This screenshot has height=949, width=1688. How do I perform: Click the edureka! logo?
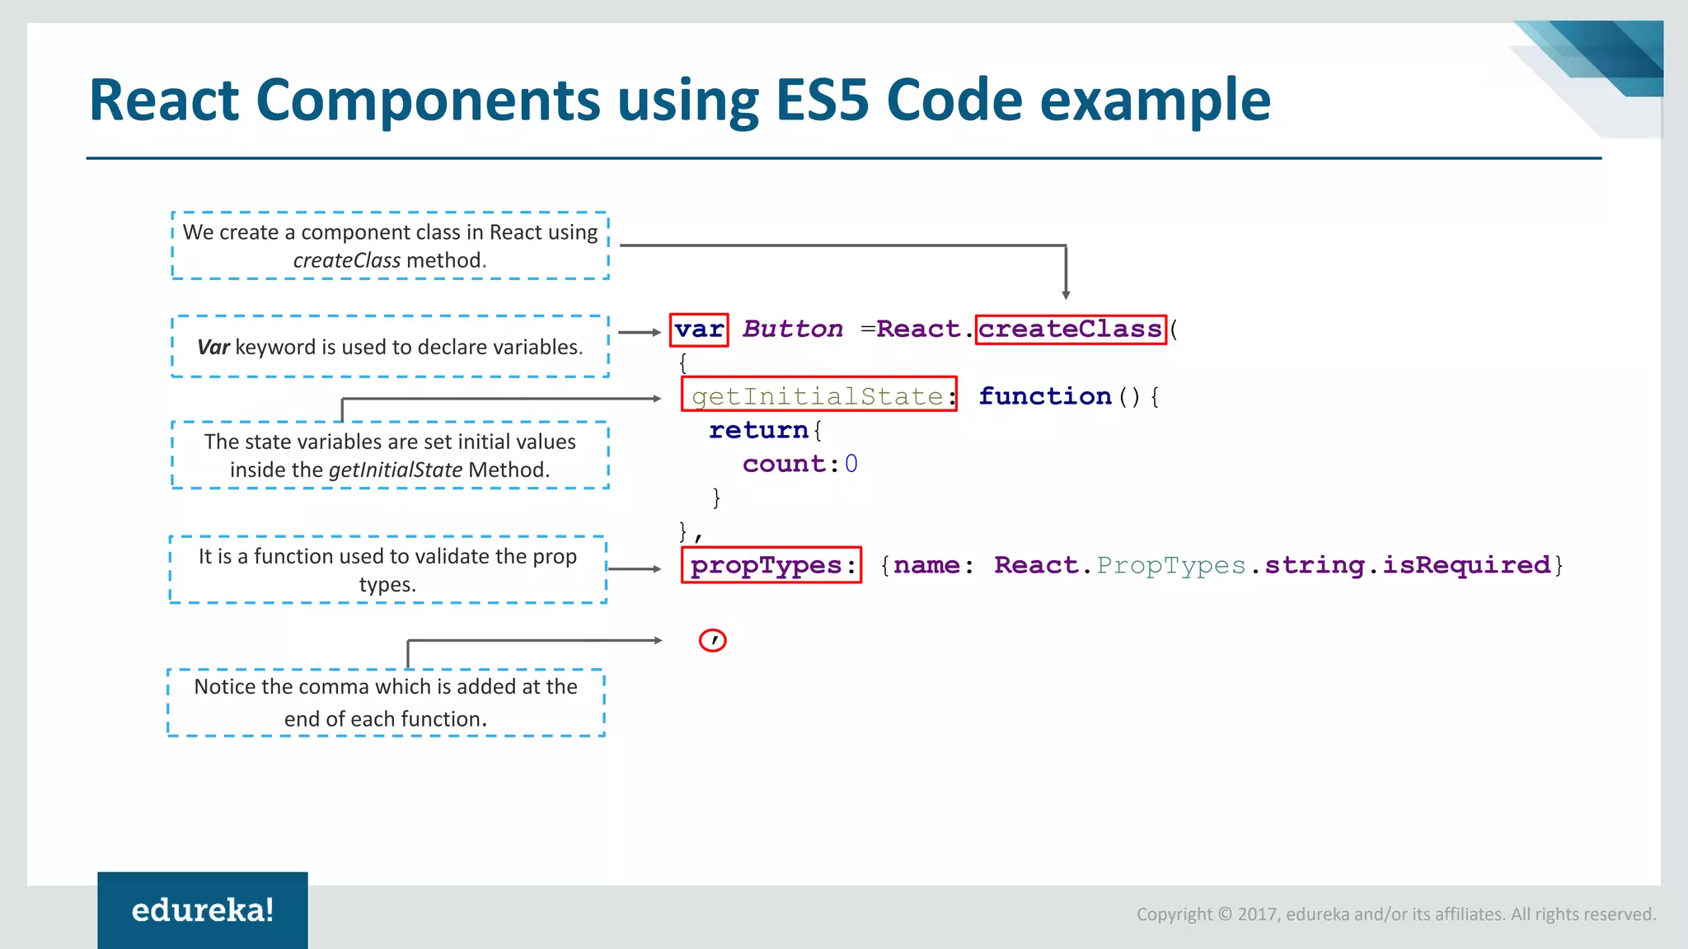[203, 910]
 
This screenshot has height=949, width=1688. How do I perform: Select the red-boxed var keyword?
[699, 330]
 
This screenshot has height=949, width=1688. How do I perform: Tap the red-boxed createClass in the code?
[1070, 330]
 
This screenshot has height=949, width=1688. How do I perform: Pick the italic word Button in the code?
[792, 330]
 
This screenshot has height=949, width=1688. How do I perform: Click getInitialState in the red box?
[817, 396]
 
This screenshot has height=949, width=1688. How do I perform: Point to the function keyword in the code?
[1044, 396]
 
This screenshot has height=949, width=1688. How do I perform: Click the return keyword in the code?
[758, 430]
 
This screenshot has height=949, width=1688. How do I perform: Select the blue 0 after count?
[851, 464]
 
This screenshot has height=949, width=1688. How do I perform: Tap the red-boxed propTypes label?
[767, 565]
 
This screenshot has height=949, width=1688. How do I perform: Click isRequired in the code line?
[1466, 565]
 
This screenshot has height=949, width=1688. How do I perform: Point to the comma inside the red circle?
[713, 640]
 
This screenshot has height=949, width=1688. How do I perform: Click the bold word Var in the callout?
[213, 348]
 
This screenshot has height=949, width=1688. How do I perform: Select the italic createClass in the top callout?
[346, 260]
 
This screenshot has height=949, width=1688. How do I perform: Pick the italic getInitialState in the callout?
[395, 470]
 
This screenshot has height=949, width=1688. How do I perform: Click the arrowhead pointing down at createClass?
[1066, 294]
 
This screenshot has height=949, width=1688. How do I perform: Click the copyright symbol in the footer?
[1225, 914]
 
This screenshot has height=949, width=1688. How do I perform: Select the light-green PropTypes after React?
[1170, 565]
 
